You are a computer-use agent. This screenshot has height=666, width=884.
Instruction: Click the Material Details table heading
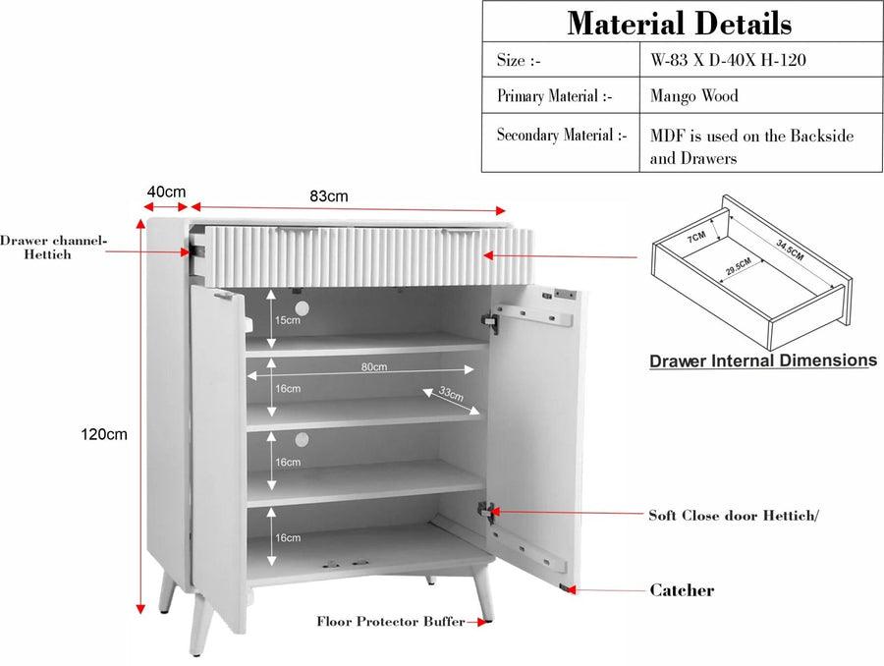click(x=680, y=23)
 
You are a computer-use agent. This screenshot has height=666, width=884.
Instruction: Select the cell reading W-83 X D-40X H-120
click(x=728, y=60)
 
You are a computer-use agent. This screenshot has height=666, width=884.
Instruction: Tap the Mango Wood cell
click(x=694, y=96)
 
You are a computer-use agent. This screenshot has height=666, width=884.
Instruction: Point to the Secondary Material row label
click(x=562, y=136)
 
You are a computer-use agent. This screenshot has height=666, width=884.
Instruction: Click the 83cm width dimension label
click(x=329, y=196)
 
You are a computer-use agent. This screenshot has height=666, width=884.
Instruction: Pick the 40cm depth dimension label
click(x=166, y=192)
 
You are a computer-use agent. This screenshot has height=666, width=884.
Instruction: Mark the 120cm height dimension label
click(x=104, y=434)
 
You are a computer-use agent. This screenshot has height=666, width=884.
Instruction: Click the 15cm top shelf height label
click(x=288, y=320)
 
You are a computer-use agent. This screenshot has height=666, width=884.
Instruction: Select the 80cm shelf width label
click(x=374, y=366)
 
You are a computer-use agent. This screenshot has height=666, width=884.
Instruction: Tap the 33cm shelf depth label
click(x=451, y=393)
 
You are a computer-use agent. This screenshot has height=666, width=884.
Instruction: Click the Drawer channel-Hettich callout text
click(x=52, y=248)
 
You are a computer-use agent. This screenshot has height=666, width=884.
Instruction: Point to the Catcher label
click(x=682, y=589)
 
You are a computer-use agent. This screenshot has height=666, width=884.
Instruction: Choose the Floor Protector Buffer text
click(x=391, y=622)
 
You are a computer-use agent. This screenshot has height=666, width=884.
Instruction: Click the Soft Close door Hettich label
click(x=734, y=516)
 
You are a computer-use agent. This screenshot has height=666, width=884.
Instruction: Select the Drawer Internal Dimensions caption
click(x=763, y=361)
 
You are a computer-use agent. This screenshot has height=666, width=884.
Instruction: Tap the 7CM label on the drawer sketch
click(x=696, y=237)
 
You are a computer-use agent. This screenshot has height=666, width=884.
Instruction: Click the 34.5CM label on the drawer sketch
click(x=790, y=250)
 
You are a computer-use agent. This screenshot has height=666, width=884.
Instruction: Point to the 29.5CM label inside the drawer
click(x=739, y=266)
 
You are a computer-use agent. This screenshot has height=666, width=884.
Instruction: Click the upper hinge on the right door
click(x=490, y=321)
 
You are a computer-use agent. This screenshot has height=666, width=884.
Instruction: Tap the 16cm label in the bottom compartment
click(x=288, y=538)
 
